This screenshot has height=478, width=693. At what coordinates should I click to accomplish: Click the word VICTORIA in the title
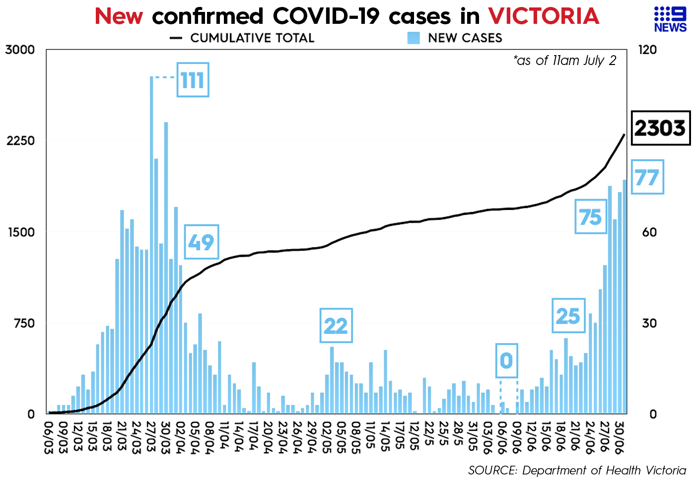(544, 16)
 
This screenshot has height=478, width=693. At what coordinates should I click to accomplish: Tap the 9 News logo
(670, 20)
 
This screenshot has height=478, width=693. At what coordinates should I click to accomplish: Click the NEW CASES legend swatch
(413, 38)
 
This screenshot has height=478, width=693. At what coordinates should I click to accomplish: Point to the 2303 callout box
(660, 128)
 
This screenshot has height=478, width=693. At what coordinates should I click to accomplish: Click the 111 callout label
(193, 80)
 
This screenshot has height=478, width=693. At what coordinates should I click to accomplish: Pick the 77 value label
(647, 177)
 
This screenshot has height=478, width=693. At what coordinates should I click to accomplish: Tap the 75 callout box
(590, 217)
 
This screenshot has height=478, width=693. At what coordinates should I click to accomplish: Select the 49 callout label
(201, 242)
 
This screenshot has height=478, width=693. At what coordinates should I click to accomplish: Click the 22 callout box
(336, 326)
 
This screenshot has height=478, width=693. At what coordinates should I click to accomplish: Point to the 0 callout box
(506, 360)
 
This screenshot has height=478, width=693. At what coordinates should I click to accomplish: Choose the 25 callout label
(568, 316)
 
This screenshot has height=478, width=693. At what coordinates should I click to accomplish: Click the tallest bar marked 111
(151, 248)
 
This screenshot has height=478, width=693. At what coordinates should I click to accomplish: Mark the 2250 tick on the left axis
(20, 141)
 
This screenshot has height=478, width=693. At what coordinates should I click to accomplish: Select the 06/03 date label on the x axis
(49, 436)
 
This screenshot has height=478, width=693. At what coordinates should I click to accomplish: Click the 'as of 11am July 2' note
(564, 61)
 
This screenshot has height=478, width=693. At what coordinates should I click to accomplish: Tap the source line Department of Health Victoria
(577, 470)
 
